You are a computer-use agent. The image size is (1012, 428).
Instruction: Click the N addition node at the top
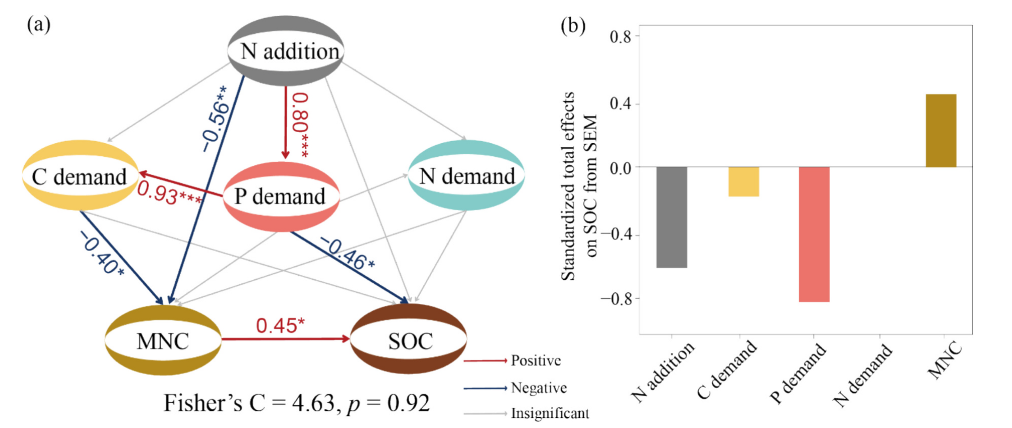(286, 51)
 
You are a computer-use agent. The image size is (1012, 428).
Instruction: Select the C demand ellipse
(80, 176)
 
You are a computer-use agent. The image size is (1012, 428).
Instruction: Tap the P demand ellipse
(281, 196)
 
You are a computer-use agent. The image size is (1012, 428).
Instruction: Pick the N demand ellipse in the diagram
(466, 175)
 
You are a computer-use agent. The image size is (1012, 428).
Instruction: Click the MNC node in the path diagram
(163, 341)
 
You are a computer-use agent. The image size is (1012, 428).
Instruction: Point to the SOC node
(409, 341)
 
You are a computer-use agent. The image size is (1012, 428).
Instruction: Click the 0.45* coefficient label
(280, 325)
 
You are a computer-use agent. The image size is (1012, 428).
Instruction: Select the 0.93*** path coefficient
(169, 193)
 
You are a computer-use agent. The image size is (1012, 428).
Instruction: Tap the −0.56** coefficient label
(215, 119)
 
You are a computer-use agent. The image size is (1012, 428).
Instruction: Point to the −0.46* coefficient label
(348, 254)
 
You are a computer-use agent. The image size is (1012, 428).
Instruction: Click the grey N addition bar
(671, 217)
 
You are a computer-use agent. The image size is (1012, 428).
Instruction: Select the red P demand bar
(814, 234)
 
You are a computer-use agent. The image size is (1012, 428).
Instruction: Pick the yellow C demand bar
(744, 181)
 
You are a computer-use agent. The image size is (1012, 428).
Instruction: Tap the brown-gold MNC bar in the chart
(940, 131)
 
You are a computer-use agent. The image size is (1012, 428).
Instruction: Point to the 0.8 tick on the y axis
(620, 37)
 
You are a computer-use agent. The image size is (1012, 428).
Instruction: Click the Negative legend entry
(538, 388)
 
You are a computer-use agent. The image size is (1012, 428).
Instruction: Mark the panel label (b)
(573, 25)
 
